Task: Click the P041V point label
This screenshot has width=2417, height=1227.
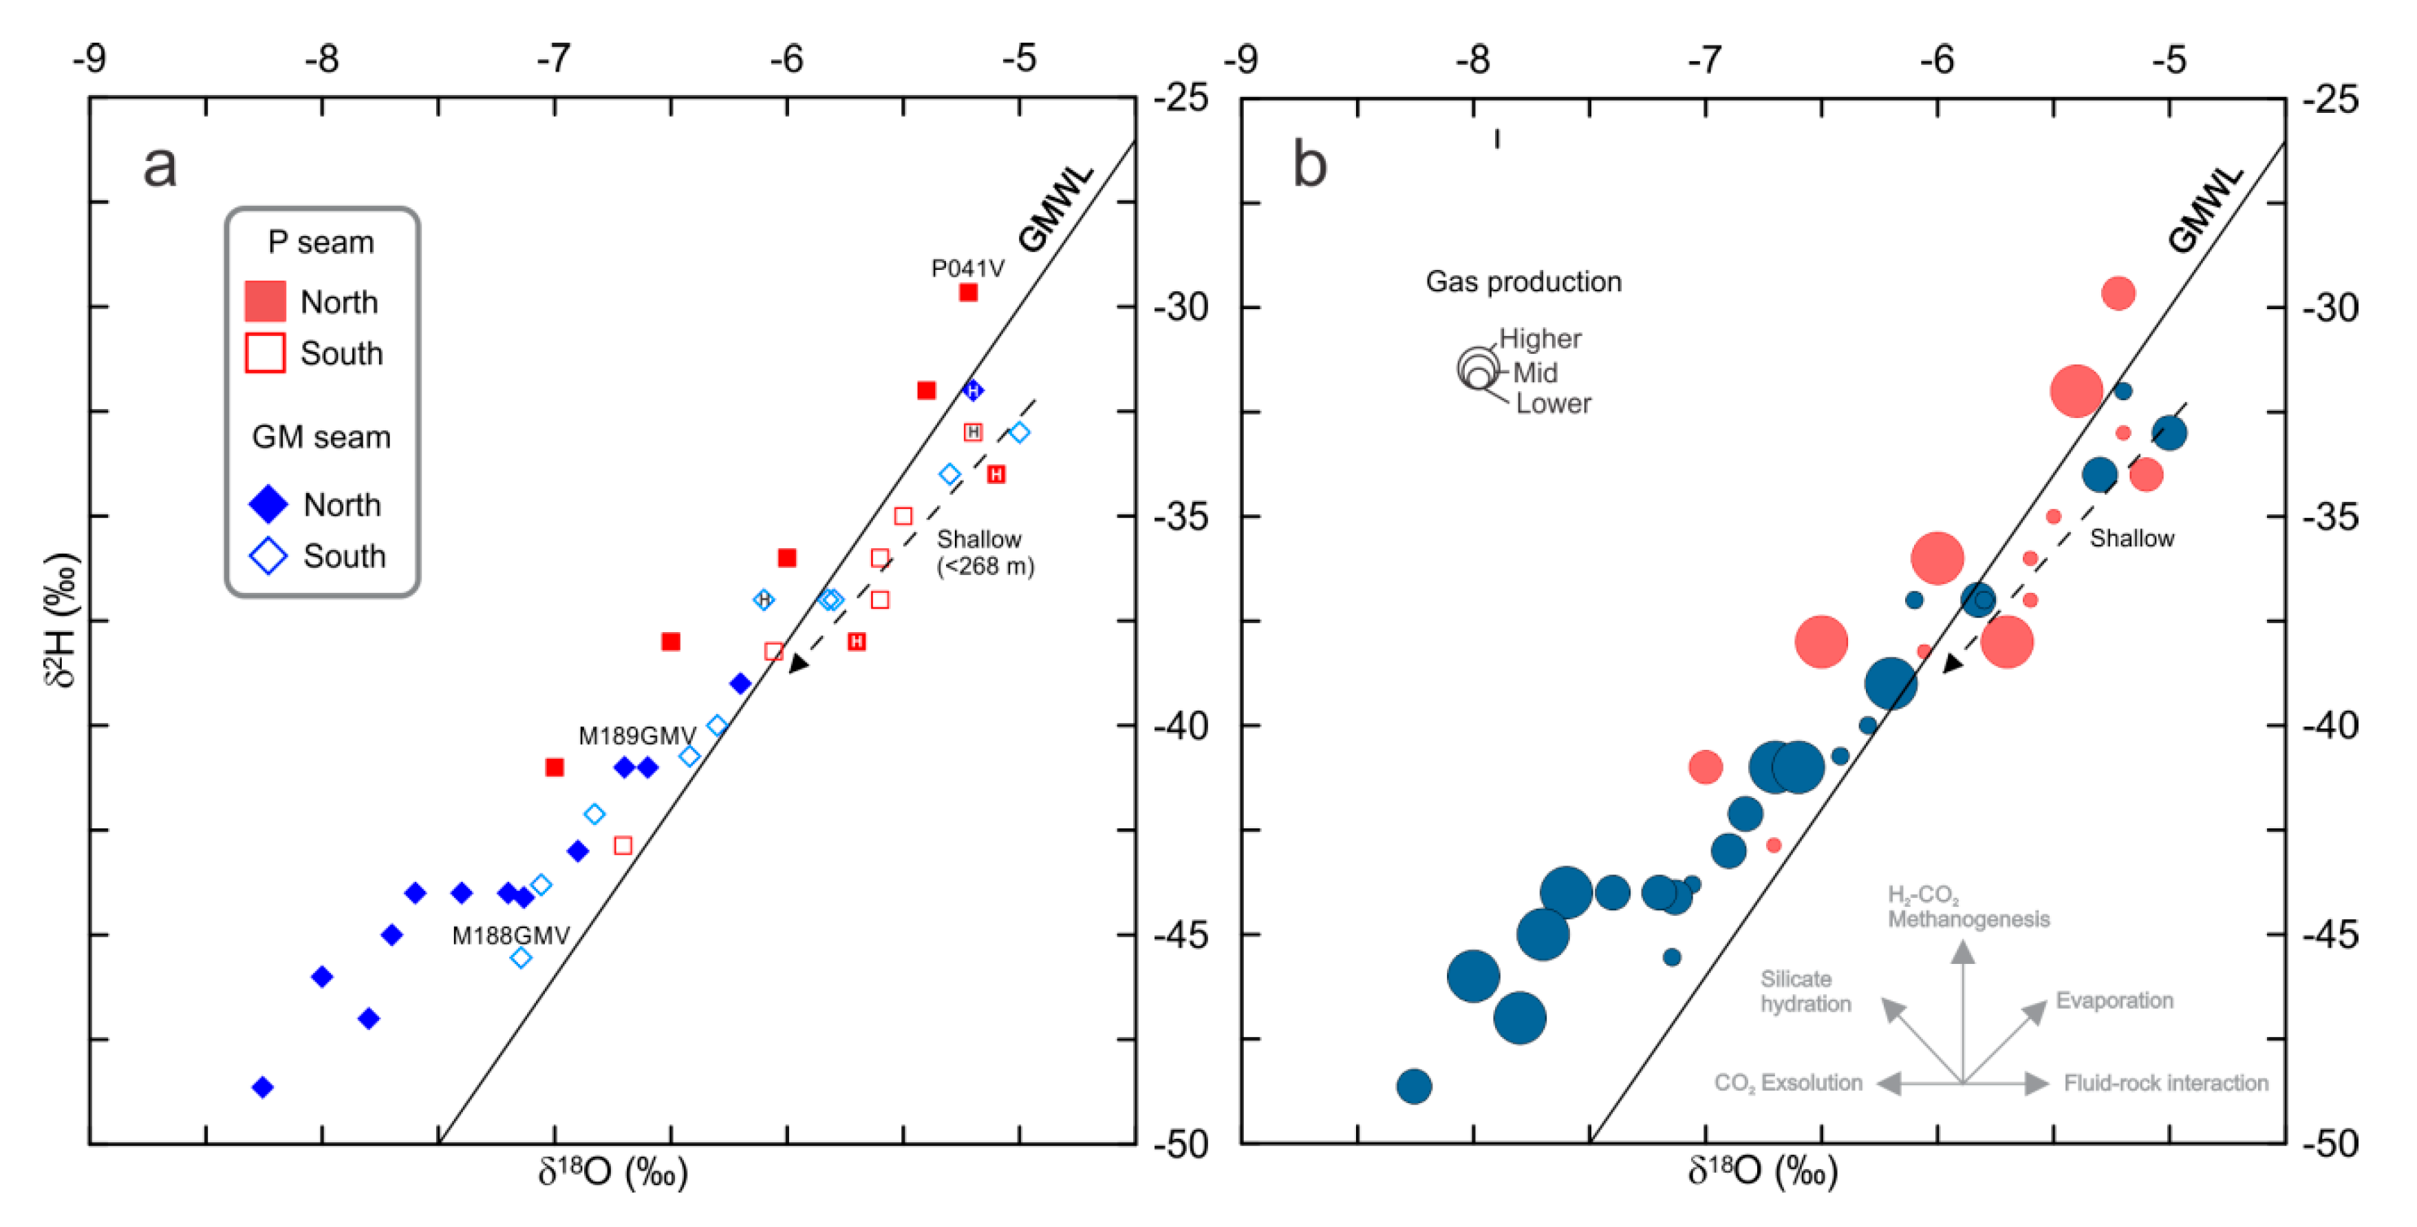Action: pyautogui.click(x=967, y=269)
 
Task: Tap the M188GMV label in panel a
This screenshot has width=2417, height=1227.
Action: pyautogui.click(x=511, y=935)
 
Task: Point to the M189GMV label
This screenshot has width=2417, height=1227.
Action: pyautogui.click(x=636, y=735)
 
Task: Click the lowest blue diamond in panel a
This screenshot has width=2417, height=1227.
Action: pyautogui.click(x=263, y=1087)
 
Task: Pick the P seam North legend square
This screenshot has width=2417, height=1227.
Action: pyautogui.click(x=266, y=302)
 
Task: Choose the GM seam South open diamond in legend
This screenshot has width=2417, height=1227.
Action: pyautogui.click(x=268, y=556)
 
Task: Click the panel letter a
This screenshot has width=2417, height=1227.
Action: pyautogui.click(x=160, y=166)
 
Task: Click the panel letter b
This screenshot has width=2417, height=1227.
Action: pyautogui.click(x=1310, y=165)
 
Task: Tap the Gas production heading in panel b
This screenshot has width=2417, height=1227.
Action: pyautogui.click(x=1523, y=282)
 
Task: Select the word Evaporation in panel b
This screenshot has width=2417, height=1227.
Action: pyautogui.click(x=2114, y=1000)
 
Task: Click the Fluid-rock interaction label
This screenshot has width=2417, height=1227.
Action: pyautogui.click(x=2164, y=1082)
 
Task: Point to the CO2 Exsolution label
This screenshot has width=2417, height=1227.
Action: pyautogui.click(x=1787, y=1082)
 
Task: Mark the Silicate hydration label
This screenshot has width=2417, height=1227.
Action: pyautogui.click(x=1804, y=992)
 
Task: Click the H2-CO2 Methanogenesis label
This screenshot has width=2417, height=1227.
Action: pyautogui.click(x=1968, y=907)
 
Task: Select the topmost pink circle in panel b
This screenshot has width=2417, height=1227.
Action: pyautogui.click(x=2118, y=293)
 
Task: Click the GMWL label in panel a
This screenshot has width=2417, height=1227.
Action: pyautogui.click(x=1055, y=209)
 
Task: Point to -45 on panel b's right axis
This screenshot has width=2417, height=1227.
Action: pyautogui.click(x=2330, y=935)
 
